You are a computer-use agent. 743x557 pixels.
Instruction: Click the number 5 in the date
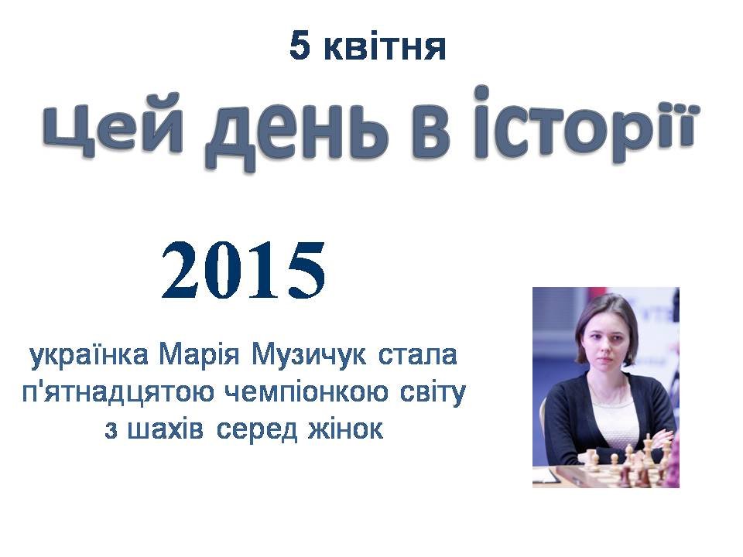(300, 46)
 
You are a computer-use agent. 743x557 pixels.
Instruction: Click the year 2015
(244, 271)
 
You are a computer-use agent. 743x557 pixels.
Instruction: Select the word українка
(89, 355)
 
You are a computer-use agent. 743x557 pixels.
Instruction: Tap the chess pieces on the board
(625, 462)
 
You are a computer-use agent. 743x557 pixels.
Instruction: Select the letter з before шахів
(111, 431)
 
